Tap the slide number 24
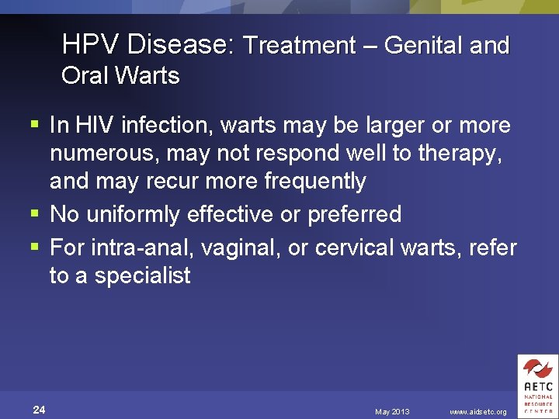pos(40,410)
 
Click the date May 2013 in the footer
pos(391,411)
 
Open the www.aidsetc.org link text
pos(478,411)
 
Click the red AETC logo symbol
pos(537,369)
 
